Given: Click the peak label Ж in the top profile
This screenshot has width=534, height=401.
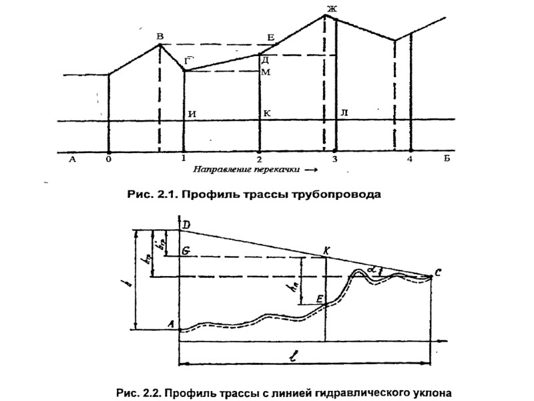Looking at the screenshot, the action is (330, 9).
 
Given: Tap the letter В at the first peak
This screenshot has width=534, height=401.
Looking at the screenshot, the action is (159, 37).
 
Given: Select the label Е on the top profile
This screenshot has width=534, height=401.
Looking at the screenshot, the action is (270, 37).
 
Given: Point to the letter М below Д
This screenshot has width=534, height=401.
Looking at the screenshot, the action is (266, 72).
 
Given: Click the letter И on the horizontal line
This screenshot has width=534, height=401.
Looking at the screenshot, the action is (192, 113).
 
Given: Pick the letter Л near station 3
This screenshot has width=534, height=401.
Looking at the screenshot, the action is (344, 113).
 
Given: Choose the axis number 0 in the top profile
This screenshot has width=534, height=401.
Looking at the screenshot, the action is (109, 159).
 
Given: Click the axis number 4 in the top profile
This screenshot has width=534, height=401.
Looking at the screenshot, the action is (411, 159).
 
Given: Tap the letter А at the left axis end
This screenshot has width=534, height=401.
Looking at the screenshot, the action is (71, 159).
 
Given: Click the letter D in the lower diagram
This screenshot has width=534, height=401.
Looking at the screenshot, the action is (186, 228).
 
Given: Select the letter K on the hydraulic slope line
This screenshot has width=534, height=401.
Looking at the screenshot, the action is (326, 250).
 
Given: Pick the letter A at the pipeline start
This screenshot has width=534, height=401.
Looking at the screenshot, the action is (172, 325).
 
